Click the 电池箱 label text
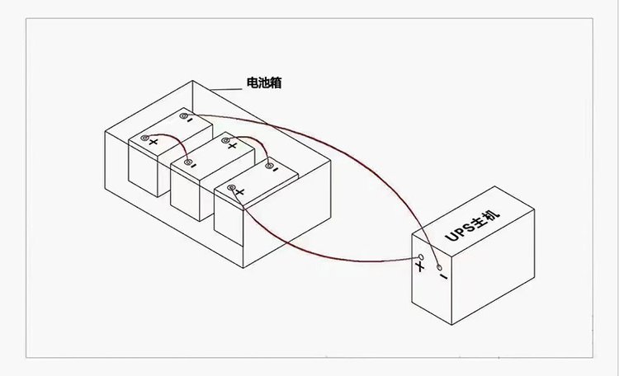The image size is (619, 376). pos(264,82)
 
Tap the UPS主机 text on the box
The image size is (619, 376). pos(473,223)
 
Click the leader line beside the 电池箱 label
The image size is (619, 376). pos(225,90)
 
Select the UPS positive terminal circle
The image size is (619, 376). pos(421,257)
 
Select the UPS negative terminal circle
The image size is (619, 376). pos(439,268)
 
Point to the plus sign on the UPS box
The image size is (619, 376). pos(420,267)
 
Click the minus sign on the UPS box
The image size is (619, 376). pos(444,276)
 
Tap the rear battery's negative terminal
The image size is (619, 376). pos(183,116)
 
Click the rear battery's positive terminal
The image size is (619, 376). pos(145,138)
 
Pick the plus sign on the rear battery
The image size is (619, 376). pos(154,142)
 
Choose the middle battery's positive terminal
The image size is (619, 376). pos(225,140)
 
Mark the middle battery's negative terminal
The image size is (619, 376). pos(188,162)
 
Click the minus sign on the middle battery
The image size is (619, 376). pos(193,166)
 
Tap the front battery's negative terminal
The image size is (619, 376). pos(269,166)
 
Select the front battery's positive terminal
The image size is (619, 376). pos(231,187)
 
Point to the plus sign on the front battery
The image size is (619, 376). pos(239,192)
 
